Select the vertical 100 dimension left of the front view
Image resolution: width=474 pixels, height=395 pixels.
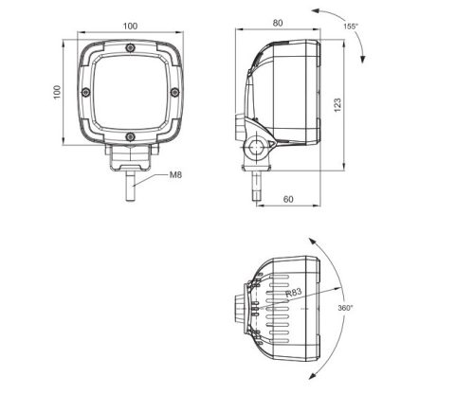tap(57, 91)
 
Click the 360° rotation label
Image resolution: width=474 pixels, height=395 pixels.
tap(343, 309)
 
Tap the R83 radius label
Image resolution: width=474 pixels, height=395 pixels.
tap(297, 300)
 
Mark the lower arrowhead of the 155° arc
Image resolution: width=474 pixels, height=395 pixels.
tap(359, 62)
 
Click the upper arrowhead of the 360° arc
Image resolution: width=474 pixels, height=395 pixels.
tap(309, 240)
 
